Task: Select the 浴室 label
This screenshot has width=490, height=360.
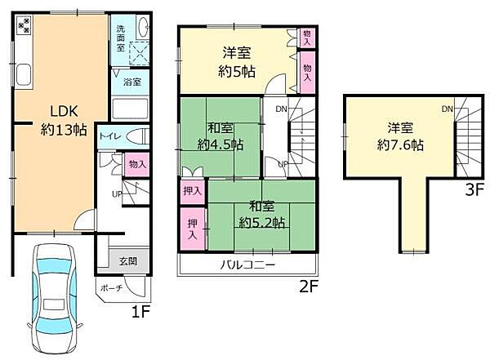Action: (x=132, y=82)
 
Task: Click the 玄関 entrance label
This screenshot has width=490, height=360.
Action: (x=127, y=261)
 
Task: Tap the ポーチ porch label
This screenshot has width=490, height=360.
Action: (x=113, y=288)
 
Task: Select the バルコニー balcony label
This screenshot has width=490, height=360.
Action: (x=247, y=265)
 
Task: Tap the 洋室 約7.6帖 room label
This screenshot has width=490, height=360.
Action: (x=399, y=136)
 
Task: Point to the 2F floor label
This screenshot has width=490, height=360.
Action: (x=308, y=287)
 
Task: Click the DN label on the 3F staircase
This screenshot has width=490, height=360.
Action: (x=448, y=109)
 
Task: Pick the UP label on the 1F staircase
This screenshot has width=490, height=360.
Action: (x=117, y=194)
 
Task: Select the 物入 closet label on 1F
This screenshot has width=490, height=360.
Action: (x=136, y=164)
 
